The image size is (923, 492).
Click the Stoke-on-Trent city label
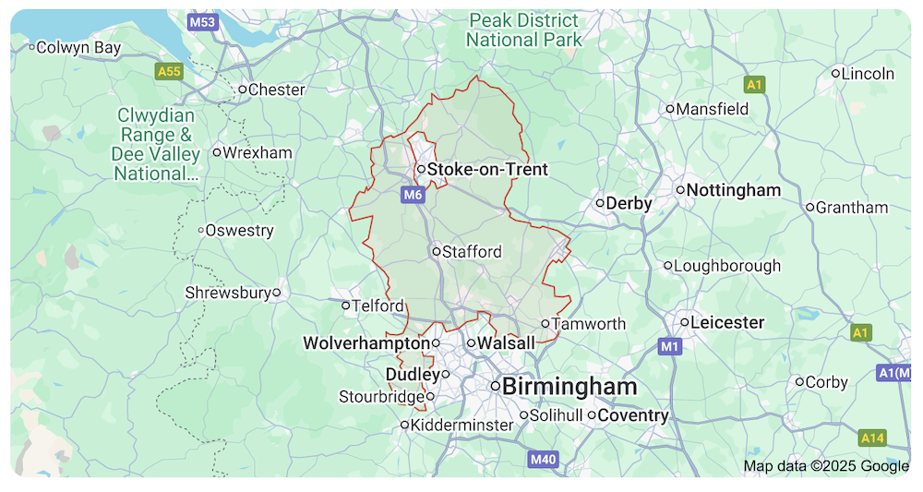(487, 170)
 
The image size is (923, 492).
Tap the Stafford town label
(472, 251)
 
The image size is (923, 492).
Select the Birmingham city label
(570, 386)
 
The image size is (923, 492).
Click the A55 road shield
(169, 70)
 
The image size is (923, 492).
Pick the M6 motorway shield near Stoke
(413, 195)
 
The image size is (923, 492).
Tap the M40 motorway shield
(544, 459)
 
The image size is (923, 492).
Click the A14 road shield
(872, 437)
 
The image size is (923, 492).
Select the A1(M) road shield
(893, 373)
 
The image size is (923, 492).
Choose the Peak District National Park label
(524, 30)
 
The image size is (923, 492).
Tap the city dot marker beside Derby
(599, 203)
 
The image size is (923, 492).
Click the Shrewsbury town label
(228, 293)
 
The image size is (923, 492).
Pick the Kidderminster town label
(461, 425)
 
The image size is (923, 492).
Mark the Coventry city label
(633, 415)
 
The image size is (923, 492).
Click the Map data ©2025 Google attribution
(826, 466)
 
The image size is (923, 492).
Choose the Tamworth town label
(589, 324)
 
